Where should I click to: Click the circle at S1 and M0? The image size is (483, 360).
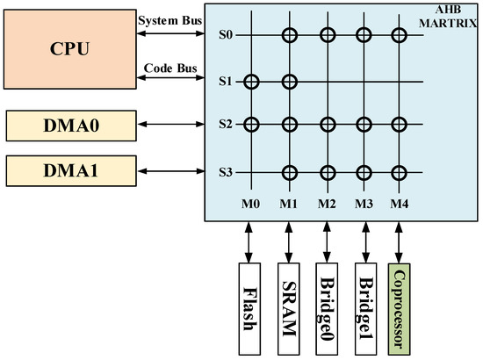(x=252, y=83)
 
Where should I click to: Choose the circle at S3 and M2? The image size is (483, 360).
(x=326, y=172)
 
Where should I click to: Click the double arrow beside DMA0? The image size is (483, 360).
(x=169, y=124)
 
